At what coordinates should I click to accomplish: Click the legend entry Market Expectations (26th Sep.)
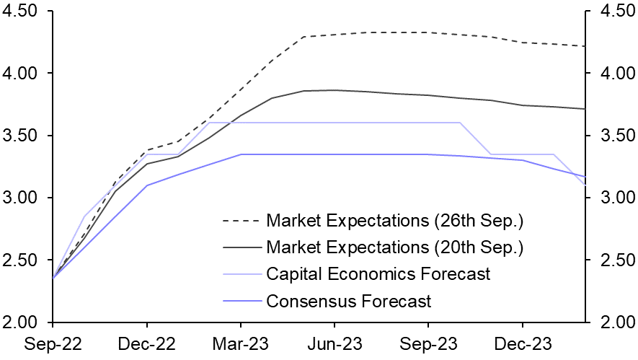[394, 219]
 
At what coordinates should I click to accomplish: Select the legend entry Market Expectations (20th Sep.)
[394, 247]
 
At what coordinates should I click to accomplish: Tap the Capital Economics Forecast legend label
[378, 274]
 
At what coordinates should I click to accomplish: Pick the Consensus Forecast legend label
[348, 301]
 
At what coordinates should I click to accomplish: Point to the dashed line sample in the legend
[242, 219]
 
